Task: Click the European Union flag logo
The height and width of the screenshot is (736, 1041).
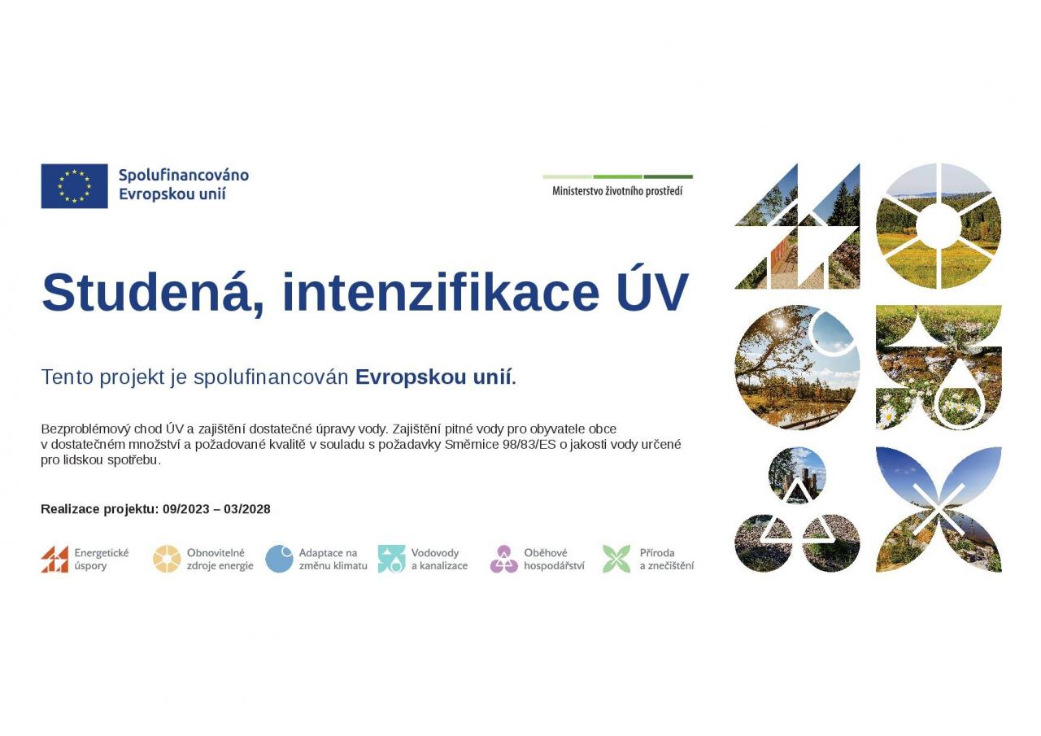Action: coord(74,186)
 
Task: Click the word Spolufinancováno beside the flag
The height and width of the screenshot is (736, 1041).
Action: coord(184,175)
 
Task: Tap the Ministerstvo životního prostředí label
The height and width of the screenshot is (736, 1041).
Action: coord(617,191)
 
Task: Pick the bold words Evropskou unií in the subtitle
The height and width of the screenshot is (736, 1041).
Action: coord(433,377)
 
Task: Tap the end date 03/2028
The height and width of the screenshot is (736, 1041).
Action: coord(246,509)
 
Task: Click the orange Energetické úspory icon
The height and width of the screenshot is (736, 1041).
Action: coord(54,559)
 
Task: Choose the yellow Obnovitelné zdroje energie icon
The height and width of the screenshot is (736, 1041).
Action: coord(167,559)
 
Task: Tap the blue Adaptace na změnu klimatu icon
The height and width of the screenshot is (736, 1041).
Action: coord(279,559)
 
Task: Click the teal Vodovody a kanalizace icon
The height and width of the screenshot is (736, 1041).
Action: coord(391,559)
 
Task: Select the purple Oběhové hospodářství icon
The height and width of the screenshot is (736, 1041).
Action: coord(503,559)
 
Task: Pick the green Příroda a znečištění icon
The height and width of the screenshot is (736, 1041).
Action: coord(616,559)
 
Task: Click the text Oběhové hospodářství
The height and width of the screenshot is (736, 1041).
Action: coord(554,560)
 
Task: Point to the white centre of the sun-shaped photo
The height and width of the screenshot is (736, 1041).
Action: coord(939,226)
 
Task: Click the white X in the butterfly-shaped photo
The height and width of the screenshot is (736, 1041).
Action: coord(939,509)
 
